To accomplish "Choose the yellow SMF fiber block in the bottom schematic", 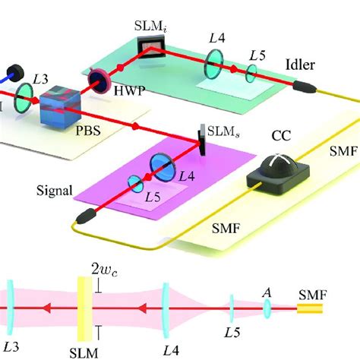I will [x=308, y=309].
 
